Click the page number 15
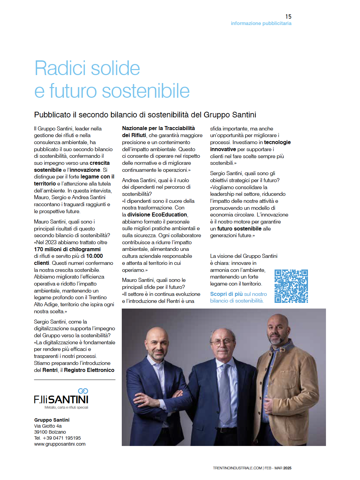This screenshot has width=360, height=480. click(288, 16)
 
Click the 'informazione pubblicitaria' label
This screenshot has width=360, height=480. click(261, 23)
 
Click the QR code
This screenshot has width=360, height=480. click(291, 286)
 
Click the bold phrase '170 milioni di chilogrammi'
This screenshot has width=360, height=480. click(67, 249)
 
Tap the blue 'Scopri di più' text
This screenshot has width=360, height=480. click(226, 294)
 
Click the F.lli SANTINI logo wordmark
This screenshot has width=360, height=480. click(61, 400)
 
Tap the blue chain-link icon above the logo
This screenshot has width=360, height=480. click(83, 391)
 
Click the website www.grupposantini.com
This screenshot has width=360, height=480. click(60, 444)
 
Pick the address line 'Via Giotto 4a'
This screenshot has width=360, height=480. click(48, 426)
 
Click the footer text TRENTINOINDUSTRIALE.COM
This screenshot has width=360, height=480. click(237, 468)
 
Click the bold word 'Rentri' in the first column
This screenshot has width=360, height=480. click(50, 370)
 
